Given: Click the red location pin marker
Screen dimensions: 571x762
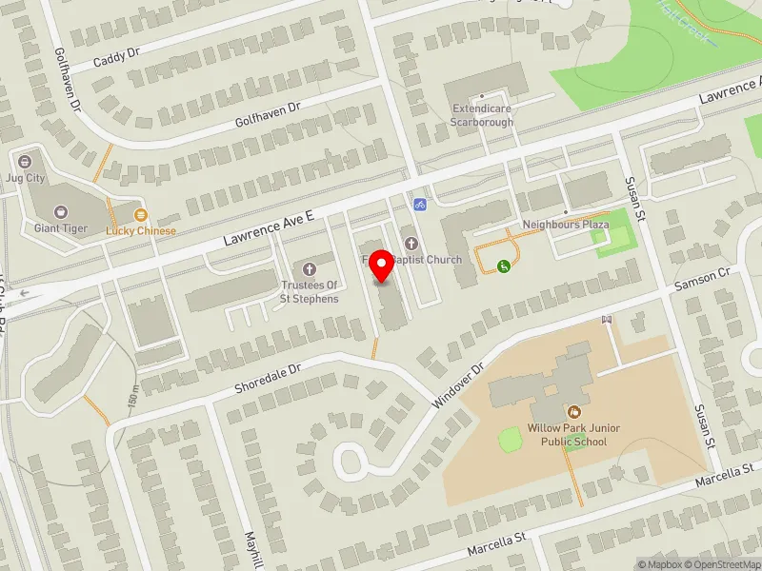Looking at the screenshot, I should click(x=382, y=266).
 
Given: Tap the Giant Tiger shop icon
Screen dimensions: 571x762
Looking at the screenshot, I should click(x=61, y=212).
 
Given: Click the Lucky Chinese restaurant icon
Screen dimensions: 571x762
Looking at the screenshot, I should click(x=141, y=215).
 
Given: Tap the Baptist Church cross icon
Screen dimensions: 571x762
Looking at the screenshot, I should click(x=411, y=244).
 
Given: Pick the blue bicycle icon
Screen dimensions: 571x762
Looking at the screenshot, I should click(x=419, y=204).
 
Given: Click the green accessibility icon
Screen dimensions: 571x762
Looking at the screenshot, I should click(x=504, y=266).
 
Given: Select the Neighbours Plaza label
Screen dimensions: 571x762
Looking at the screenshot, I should click(x=565, y=225).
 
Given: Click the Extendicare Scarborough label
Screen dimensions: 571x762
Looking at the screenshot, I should click(x=482, y=116).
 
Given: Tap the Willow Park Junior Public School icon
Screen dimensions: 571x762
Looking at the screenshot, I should click(x=574, y=412).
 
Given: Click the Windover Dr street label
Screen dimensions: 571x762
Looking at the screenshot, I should click(x=459, y=384).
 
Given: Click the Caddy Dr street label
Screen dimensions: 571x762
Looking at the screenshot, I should click(x=117, y=57).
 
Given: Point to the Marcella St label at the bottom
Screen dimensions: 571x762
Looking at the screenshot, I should click(x=497, y=545).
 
